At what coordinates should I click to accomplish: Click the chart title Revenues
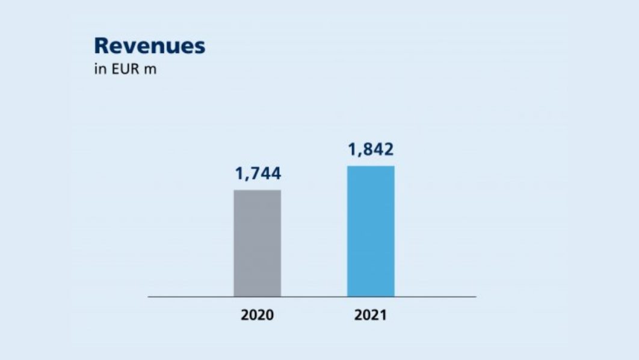150,46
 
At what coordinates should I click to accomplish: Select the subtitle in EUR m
125,70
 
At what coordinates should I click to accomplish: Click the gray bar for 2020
257,243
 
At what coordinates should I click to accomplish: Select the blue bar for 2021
371,231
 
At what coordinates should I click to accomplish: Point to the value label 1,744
258,174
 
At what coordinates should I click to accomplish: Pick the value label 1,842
371,150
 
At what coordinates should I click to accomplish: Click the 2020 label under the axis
257,315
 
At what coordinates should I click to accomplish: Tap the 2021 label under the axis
370,315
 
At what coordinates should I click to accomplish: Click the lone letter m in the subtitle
152,70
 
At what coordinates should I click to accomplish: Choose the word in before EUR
99,70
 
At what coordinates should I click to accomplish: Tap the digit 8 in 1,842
368,150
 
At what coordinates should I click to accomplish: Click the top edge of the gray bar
257,190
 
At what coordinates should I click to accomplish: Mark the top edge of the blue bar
371,166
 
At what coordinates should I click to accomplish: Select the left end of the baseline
149,297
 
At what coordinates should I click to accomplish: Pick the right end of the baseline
475,297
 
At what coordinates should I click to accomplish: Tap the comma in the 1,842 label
359,155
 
